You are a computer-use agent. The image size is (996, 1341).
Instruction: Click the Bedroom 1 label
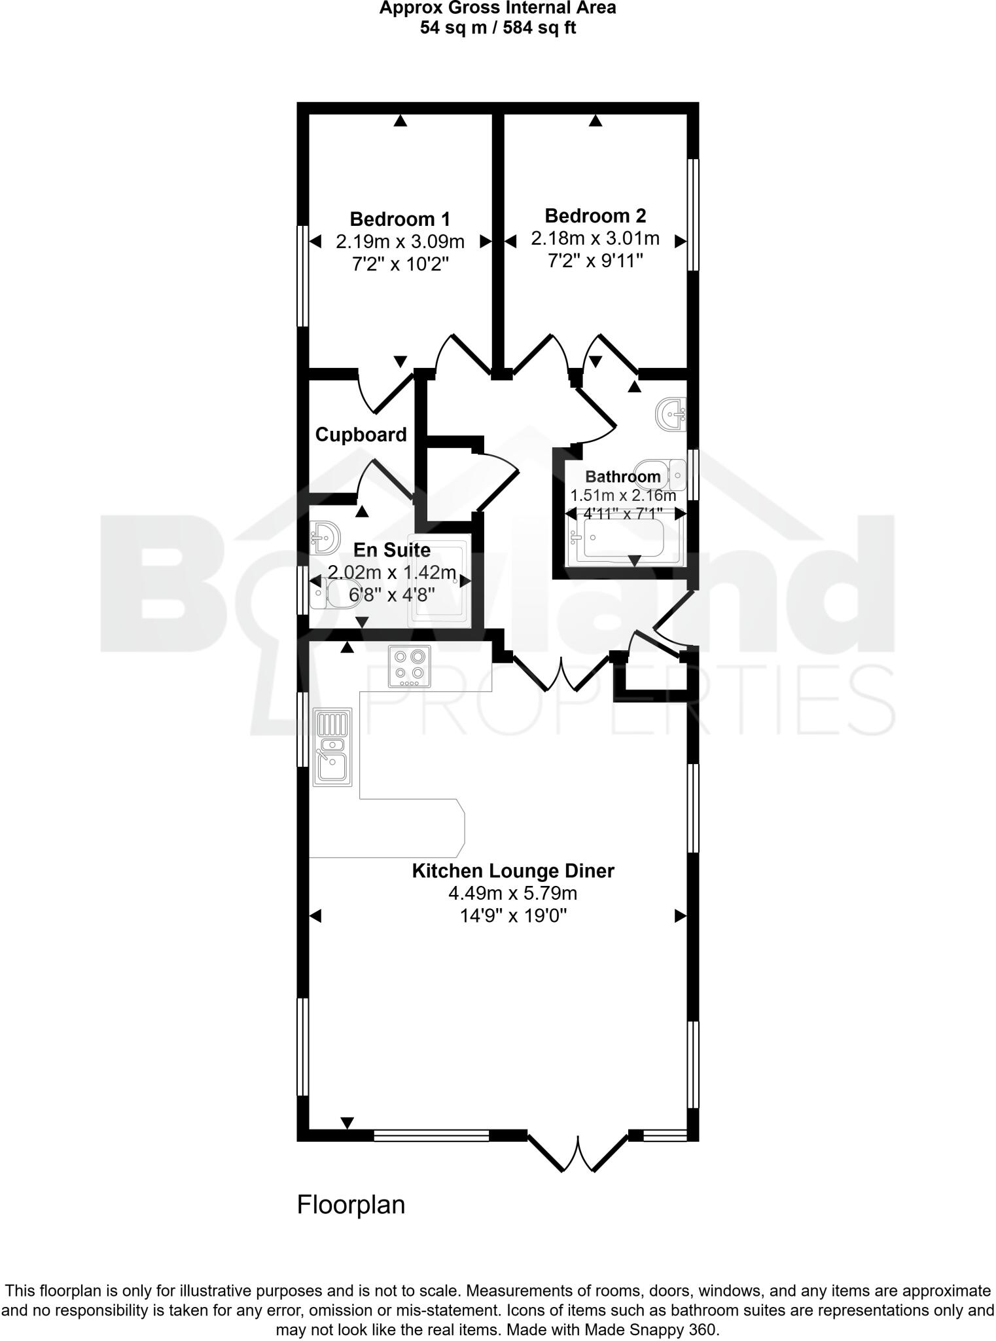[x=399, y=219]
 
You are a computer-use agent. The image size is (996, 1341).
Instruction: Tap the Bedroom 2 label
[x=595, y=215]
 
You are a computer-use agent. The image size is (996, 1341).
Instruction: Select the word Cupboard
[x=361, y=435]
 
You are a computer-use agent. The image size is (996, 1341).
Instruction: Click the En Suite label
[x=392, y=550]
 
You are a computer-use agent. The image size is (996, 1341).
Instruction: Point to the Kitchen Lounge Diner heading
[x=512, y=871]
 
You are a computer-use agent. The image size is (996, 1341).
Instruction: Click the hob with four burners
[x=410, y=667]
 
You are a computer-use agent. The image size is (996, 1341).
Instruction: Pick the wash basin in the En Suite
[x=325, y=537]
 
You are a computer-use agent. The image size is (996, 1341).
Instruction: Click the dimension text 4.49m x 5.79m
[x=512, y=893]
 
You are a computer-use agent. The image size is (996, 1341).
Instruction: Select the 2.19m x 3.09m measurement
[x=400, y=242]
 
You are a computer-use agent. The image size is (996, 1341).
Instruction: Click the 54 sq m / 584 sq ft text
[x=497, y=28]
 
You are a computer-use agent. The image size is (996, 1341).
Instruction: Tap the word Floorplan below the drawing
[x=351, y=1205]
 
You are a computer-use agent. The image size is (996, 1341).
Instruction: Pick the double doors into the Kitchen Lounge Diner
[x=561, y=671]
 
